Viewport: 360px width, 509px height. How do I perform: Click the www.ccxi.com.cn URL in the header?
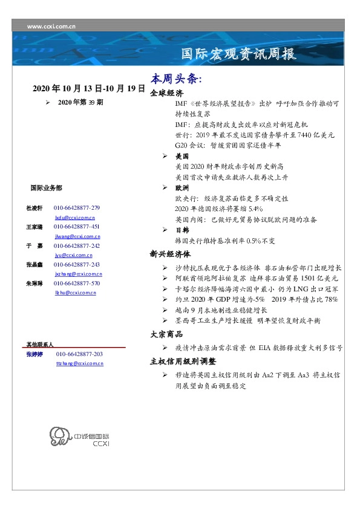pyautogui.click(x=52, y=27)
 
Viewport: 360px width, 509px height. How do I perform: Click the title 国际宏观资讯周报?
pyautogui.click(x=240, y=54)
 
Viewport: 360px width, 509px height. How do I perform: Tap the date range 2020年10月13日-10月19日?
pyautogui.click(x=89, y=88)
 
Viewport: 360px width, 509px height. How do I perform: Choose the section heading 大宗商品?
pyautogui.click(x=166, y=334)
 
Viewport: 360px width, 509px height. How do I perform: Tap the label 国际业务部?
pyautogui.click(x=46, y=188)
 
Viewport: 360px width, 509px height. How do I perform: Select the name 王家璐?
pyautogui.click(x=33, y=227)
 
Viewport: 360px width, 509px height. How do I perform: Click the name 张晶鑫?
pyautogui.click(x=33, y=265)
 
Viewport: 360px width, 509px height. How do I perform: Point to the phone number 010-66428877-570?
pyautogui.click(x=77, y=284)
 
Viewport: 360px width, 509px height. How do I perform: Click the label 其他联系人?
pyautogui.click(x=40, y=344)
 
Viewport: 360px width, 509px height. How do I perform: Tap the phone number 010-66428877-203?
pyautogui.click(x=79, y=354)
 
